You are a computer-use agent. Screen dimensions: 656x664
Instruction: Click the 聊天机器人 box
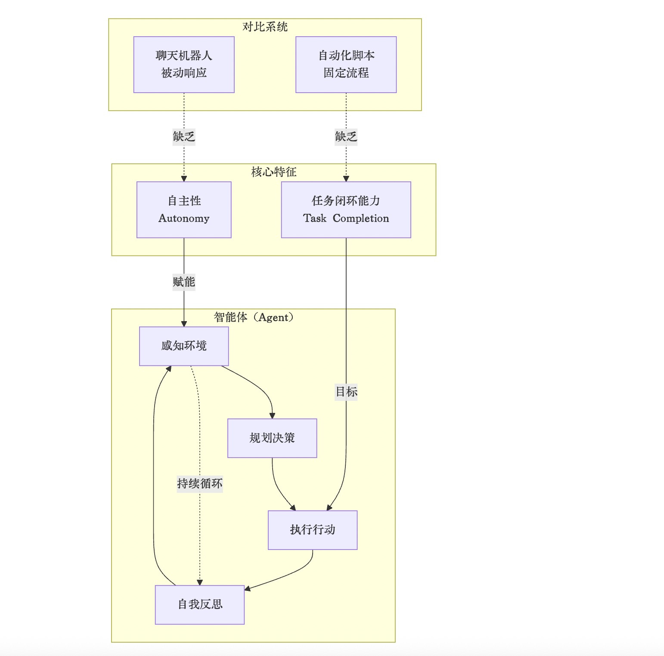pyautogui.click(x=184, y=64)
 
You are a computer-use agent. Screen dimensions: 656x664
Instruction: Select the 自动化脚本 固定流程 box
pyautogui.click(x=346, y=64)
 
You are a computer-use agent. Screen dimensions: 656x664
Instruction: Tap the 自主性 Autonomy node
pyautogui.click(x=184, y=209)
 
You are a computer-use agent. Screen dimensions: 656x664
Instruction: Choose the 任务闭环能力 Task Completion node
pyautogui.click(x=346, y=209)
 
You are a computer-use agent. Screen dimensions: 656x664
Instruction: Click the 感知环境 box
pyautogui.click(x=184, y=346)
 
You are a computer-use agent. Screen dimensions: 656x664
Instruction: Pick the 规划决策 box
pyautogui.click(x=272, y=438)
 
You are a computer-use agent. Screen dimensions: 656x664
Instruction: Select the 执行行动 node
pyautogui.click(x=313, y=530)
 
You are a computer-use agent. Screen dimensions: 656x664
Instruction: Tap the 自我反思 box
pyautogui.click(x=200, y=604)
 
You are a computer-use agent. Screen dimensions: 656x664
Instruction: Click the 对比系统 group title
pyautogui.click(x=265, y=27)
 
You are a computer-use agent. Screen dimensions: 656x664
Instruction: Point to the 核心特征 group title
pyautogui.click(x=274, y=172)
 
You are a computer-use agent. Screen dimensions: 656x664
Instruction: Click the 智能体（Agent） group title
pyautogui.click(x=254, y=318)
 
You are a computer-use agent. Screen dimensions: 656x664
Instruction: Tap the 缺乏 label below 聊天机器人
pyautogui.click(x=184, y=137)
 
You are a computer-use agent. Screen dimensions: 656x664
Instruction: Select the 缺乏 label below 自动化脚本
pyautogui.click(x=346, y=137)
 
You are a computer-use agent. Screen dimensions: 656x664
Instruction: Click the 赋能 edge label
pyautogui.click(x=184, y=282)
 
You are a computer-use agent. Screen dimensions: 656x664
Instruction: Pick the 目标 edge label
pyautogui.click(x=346, y=392)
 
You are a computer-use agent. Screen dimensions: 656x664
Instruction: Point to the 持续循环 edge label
pyautogui.click(x=200, y=484)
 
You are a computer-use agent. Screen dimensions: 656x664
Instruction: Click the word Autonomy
pyautogui.click(x=184, y=219)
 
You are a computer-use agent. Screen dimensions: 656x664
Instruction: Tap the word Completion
pyautogui.click(x=361, y=219)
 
